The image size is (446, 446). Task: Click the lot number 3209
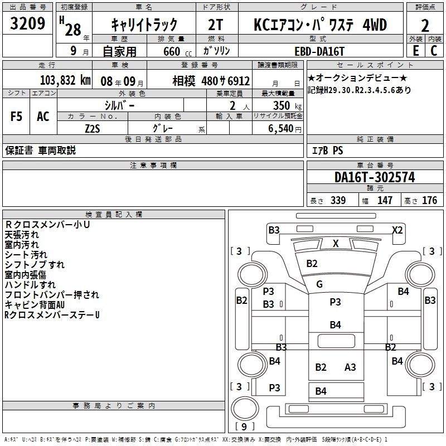tap(27, 23)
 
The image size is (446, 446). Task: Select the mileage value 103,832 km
tap(65, 80)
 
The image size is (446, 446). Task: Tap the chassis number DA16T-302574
tap(375, 177)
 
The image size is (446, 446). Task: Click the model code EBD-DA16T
tap(319, 51)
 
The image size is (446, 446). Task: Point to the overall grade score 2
tap(425, 26)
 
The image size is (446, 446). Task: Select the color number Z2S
tap(93, 129)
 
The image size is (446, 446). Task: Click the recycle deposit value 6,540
tap(281, 129)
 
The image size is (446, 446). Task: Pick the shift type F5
tap(16, 117)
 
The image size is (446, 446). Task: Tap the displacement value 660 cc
tap(177, 52)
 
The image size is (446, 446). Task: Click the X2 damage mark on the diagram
tap(397, 230)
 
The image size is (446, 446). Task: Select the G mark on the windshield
tap(319, 284)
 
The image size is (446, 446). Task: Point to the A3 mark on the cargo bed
tap(350, 367)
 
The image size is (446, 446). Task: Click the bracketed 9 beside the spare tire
tap(244, 426)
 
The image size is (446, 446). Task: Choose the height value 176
tap(429, 200)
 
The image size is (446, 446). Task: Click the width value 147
tap(385, 200)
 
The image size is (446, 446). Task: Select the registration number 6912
tap(239, 81)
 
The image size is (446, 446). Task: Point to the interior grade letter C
tap(434, 51)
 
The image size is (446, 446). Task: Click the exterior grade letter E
tap(416, 51)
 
